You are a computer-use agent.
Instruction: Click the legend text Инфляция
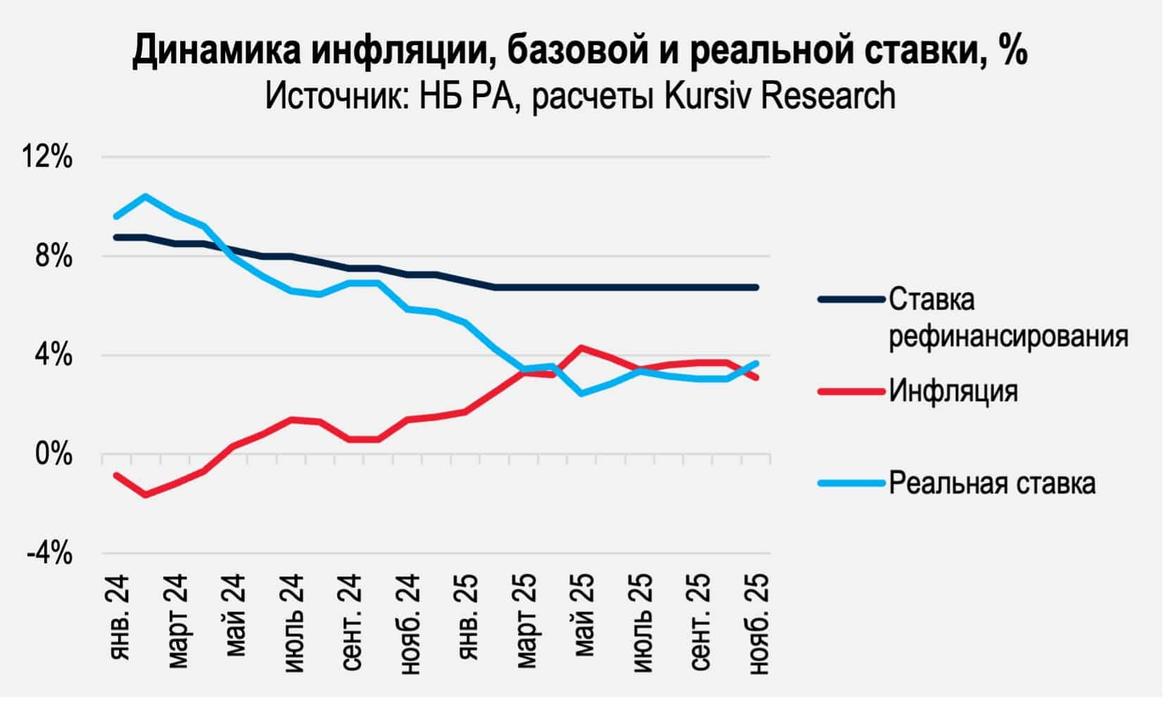[x=953, y=390]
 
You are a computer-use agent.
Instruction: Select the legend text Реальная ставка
[x=991, y=483]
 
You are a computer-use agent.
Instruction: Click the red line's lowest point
[x=146, y=495]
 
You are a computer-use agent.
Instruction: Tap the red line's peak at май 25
[x=581, y=347]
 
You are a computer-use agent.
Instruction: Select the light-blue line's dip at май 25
[x=581, y=393]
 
